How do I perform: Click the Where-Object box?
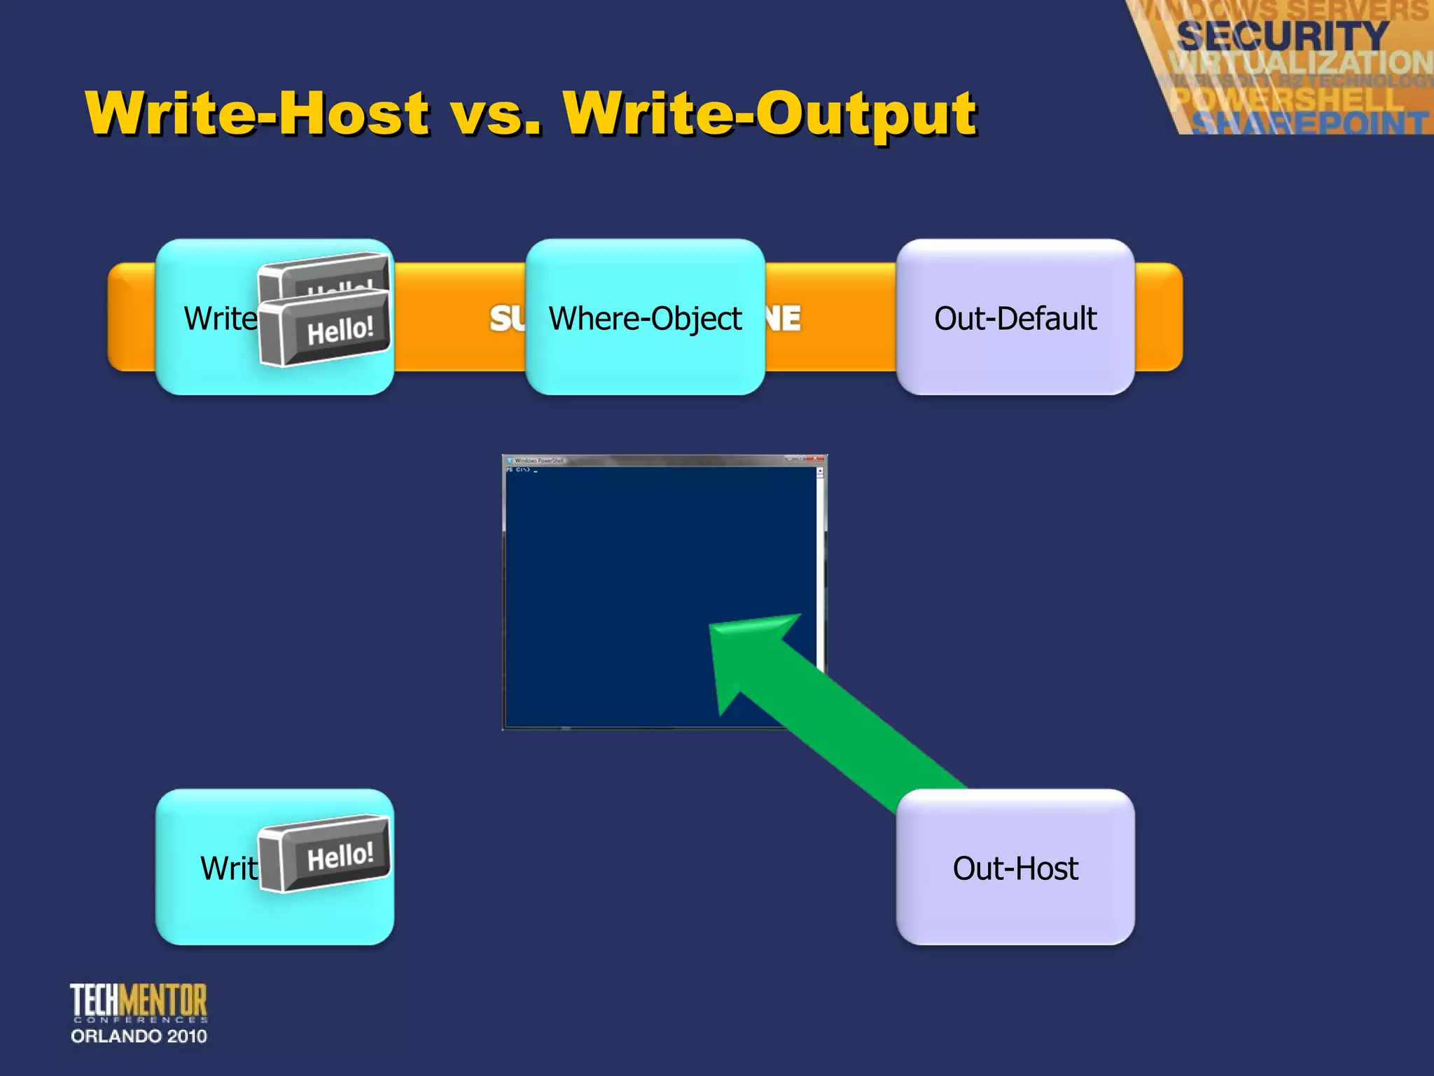pos(644,317)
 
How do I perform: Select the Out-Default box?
pos(1015,317)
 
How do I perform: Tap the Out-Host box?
pos(1015,867)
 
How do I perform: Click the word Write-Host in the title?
pos(258,113)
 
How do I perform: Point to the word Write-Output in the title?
pos(770,113)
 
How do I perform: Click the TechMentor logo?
pos(139,1002)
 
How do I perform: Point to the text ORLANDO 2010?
pos(139,1036)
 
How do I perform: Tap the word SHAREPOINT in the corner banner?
pos(1309,123)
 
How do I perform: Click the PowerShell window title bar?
pos(658,460)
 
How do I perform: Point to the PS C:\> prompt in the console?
pos(519,470)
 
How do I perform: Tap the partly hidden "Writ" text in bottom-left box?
pos(228,869)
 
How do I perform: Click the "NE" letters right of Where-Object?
pos(784,319)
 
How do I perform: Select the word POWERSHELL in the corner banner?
pos(1288,98)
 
